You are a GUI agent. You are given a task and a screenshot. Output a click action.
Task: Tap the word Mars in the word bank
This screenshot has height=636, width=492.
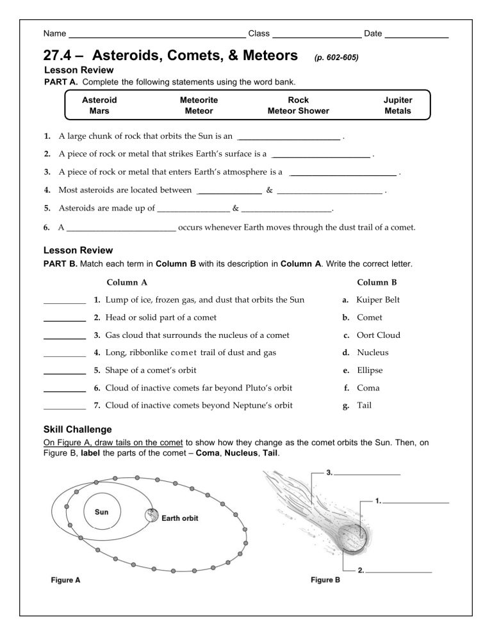click(99, 111)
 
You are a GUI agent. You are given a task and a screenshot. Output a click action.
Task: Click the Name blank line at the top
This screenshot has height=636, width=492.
click(156, 34)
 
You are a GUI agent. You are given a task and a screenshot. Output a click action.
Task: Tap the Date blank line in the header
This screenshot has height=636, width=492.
click(416, 34)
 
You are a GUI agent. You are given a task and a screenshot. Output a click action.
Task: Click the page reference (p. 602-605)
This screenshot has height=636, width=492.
click(336, 58)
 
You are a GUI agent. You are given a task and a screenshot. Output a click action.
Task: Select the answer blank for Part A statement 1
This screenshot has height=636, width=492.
click(288, 136)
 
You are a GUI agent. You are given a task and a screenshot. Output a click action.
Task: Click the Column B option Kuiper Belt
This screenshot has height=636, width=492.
click(381, 299)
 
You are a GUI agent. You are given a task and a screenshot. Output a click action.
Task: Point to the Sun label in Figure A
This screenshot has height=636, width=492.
click(101, 513)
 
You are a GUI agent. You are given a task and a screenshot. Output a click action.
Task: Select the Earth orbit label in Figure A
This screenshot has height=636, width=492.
click(180, 518)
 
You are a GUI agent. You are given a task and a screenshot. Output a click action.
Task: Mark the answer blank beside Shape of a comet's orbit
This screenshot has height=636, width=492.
click(64, 370)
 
